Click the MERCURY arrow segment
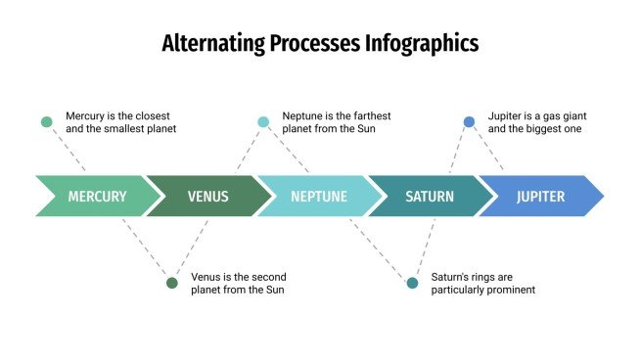pyautogui.click(x=96, y=197)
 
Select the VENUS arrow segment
pyautogui.click(x=207, y=197)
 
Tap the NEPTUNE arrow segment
pyautogui.click(x=318, y=197)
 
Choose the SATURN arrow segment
pyautogui.click(x=429, y=197)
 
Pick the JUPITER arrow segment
pyautogui.click(x=540, y=197)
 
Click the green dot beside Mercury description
pyautogui.click(x=46, y=122)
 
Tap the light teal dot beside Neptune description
pyautogui.click(x=263, y=122)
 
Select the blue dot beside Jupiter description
pyautogui.click(x=469, y=122)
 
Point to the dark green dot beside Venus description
pyautogui.click(x=172, y=283)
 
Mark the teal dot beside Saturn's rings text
pyautogui.click(x=412, y=283)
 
